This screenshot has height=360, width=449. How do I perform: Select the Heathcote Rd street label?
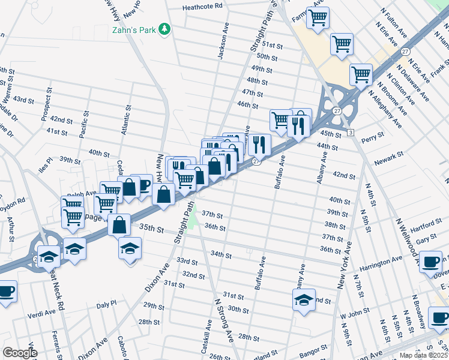click(202, 6)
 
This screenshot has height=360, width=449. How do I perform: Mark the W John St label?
click(352, 314)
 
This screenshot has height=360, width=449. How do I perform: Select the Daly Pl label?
click(106, 305)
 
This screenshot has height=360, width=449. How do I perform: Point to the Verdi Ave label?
click(41, 313)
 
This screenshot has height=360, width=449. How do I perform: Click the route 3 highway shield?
click(349, 131)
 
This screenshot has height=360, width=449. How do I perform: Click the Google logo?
click(20, 352)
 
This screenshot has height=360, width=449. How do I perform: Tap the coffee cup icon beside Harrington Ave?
click(432, 261)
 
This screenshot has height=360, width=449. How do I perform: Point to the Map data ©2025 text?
click(424, 355)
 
